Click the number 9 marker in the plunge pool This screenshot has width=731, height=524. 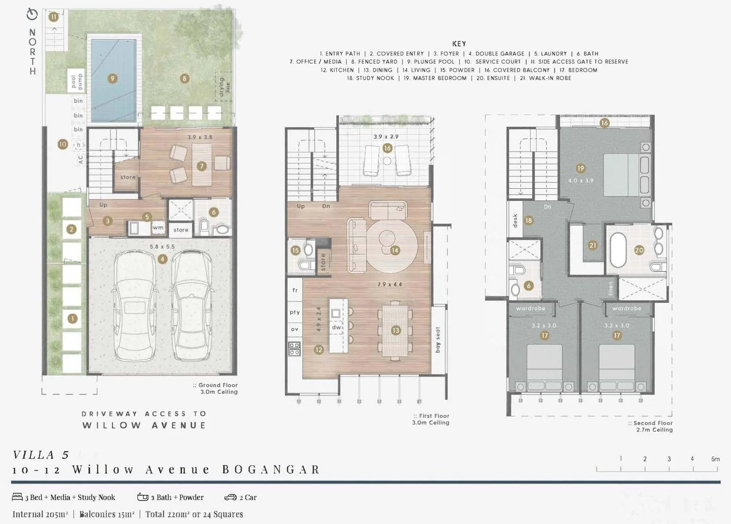(x=113, y=79)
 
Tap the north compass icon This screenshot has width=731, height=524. (x=32, y=15)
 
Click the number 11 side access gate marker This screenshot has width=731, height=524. (x=53, y=17)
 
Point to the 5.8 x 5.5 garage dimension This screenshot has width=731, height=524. (x=162, y=246)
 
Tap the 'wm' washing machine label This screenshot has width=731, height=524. (x=158, y=228)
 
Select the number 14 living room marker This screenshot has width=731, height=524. (x=395, y=250)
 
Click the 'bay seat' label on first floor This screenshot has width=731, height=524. (x=438, y=340)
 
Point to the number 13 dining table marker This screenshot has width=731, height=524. (x=396, y=330)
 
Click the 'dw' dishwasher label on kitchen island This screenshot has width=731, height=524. (x=337, y=327)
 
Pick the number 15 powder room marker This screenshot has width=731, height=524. (x=295, y=250)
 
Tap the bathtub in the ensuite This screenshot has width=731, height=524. (x=618, y=250)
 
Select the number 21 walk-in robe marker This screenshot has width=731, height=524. (x=592, y=246)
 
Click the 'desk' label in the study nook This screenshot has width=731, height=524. (x=515, y=221)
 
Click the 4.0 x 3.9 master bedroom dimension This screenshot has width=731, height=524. (x=581, y=180)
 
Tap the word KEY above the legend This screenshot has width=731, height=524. (x=459, y=44)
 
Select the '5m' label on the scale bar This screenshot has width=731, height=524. (x=715, y=459)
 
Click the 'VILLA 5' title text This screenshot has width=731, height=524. (x=41, y=455)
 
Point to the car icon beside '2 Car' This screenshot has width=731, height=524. (x=230, y=497)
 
